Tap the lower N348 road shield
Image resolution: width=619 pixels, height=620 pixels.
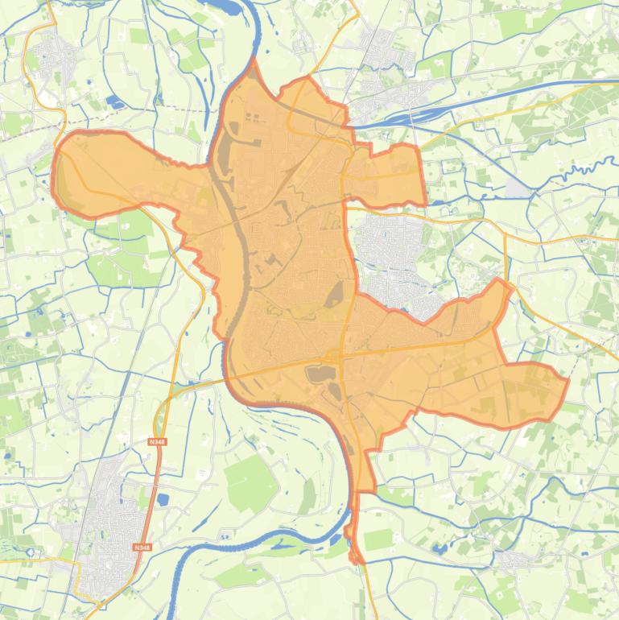[142, 548]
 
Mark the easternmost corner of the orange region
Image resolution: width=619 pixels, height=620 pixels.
[567, 379]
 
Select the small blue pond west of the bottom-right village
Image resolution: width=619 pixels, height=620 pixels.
[439, 550]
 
